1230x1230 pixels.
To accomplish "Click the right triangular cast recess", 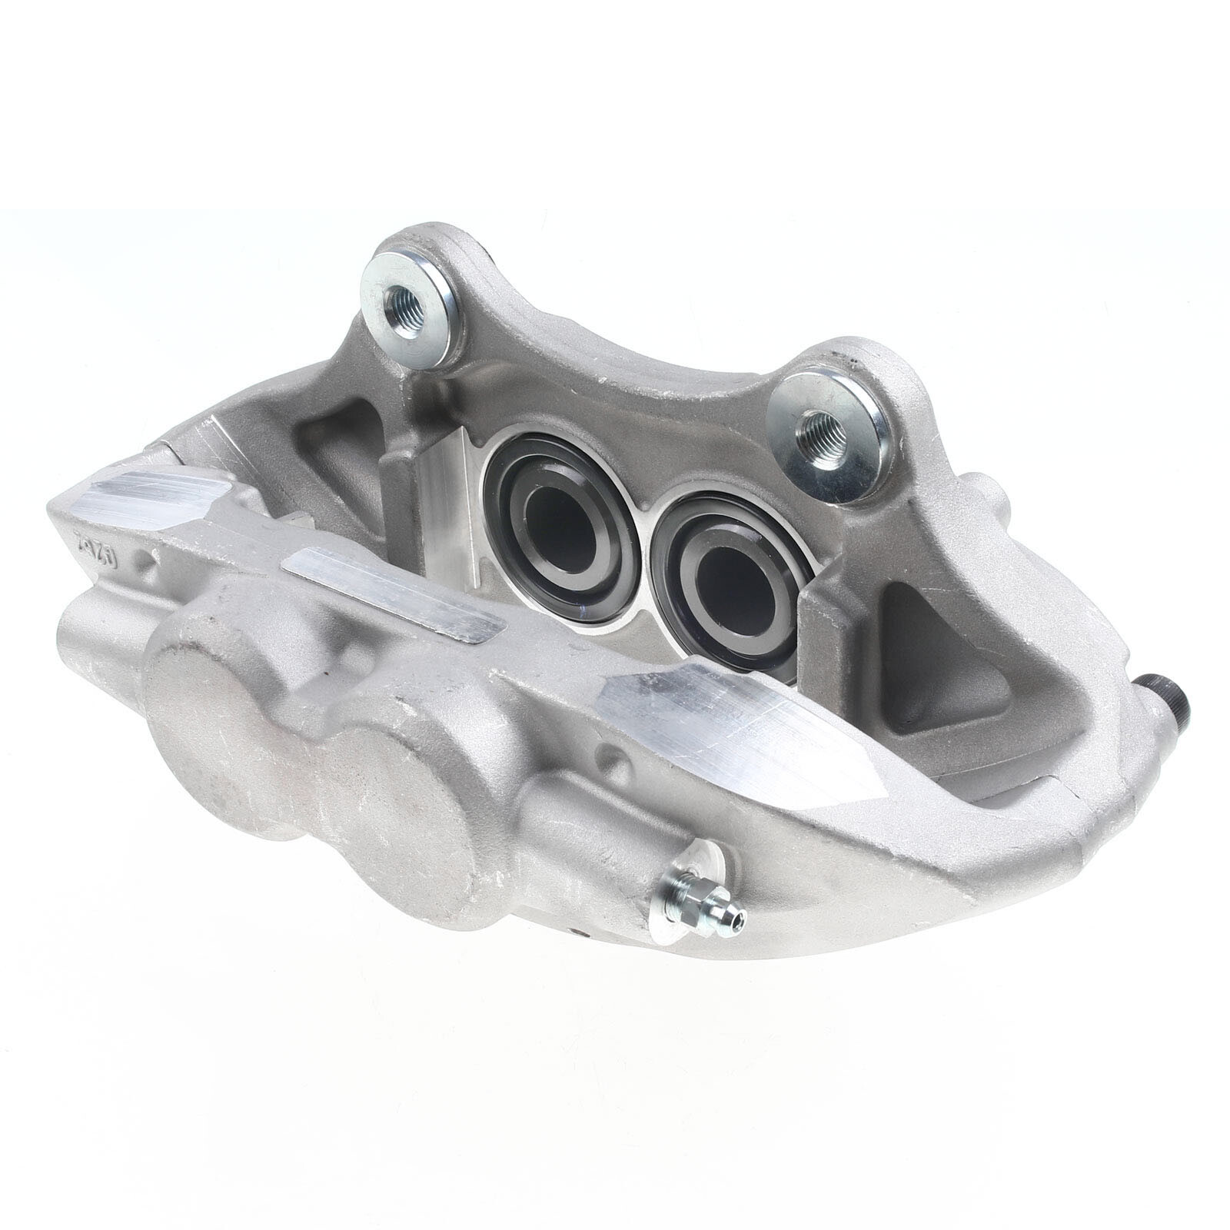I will [x=946, y=661].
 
